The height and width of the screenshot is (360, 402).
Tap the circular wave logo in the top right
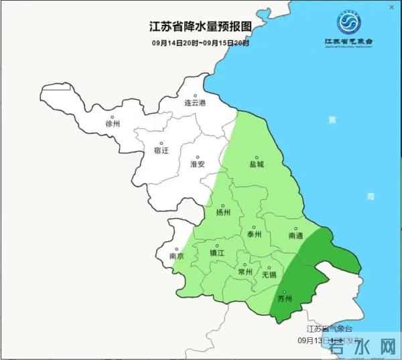(348, 25)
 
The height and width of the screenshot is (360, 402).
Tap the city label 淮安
(197, 164)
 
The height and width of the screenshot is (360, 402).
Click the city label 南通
(295, 236)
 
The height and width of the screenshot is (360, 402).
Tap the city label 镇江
(217, 253)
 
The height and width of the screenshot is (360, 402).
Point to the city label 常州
(245, 272)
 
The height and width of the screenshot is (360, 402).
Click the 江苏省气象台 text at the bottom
(329, 329)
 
